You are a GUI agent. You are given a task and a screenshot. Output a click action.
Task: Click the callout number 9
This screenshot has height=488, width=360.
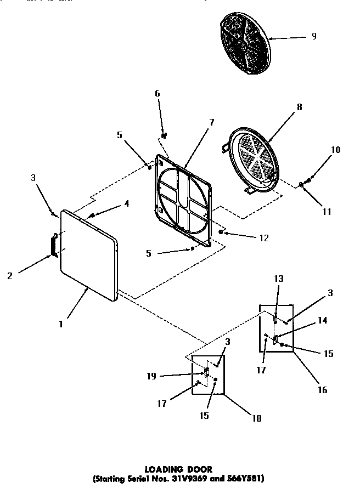pos(313,37)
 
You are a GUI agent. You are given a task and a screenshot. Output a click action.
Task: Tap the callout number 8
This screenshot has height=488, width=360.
pos(299,107)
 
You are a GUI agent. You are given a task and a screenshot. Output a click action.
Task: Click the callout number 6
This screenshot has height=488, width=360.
pos(157,94)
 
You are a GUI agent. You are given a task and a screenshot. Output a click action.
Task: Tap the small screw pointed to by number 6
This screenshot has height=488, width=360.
pos(164,134)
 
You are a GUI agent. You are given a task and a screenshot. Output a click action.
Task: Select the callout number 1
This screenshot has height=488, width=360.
pos(61,324)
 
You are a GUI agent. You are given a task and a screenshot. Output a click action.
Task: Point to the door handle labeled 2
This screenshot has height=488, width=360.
pos(54,244)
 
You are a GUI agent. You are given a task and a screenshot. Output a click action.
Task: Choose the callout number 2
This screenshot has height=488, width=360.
pos(10,276)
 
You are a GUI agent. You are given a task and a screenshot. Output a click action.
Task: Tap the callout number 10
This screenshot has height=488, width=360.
pos(336,149)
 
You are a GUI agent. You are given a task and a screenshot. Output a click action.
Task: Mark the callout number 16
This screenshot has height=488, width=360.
pos(322,390)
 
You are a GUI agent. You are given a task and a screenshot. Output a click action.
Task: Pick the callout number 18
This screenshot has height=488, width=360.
pos(256,418)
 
